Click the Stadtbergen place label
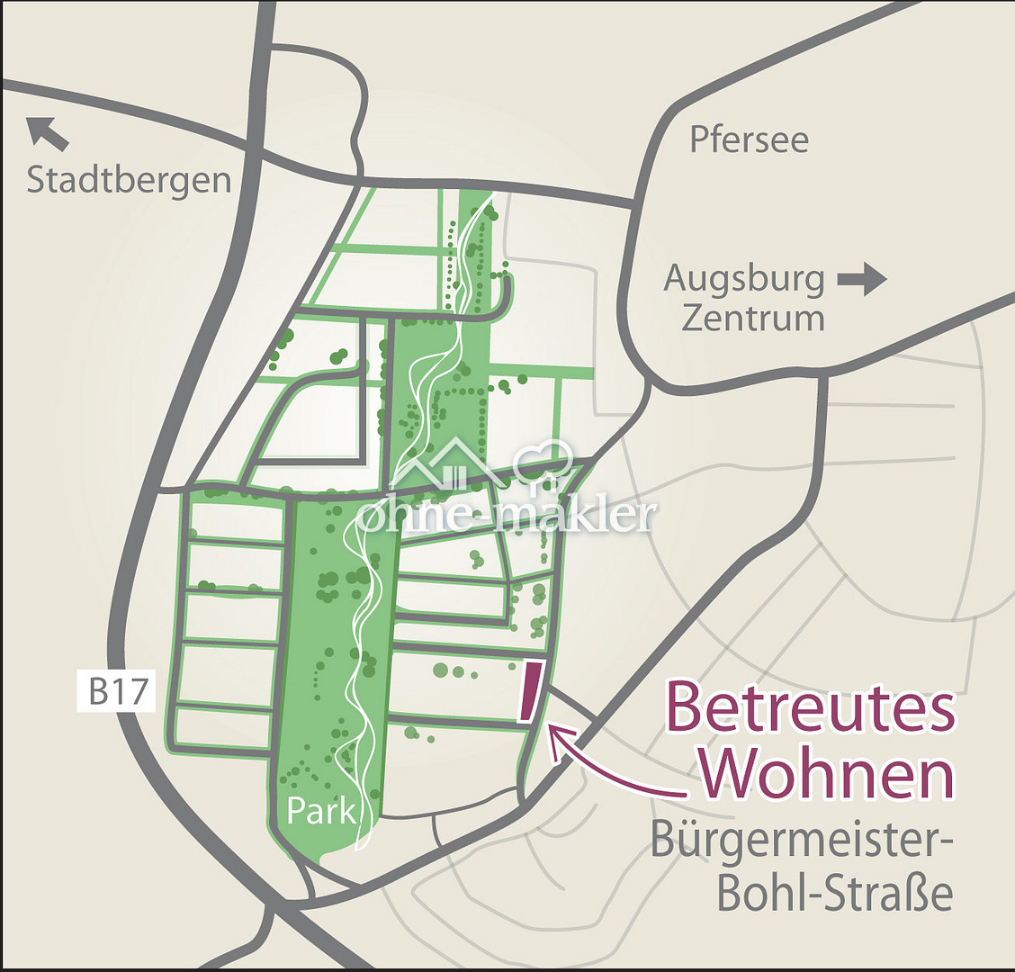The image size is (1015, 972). (129, 180)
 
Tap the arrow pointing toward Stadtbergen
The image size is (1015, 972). (48, 132)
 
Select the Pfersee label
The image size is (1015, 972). (749, 139)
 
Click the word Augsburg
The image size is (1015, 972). (743, 280)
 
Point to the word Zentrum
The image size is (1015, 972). (752, 318)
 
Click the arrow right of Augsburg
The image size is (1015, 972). (862, 280)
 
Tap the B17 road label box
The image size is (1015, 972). (117, 693)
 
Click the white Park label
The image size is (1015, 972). (322, 812)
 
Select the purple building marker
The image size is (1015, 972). (531, 692)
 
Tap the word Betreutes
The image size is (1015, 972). (810, 708)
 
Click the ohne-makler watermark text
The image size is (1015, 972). (506, 516)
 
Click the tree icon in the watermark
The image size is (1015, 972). (544, 463)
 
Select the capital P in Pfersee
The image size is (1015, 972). (700, 139)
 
